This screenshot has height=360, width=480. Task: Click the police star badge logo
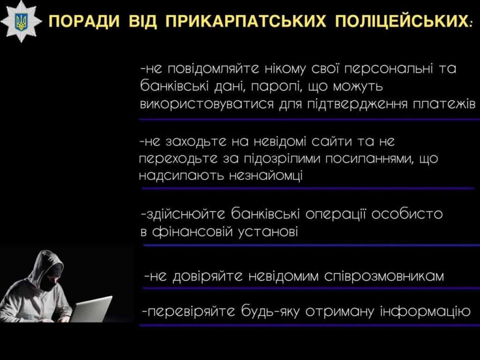21,21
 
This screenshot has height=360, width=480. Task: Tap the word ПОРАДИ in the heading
84,22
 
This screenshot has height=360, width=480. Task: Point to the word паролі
276,87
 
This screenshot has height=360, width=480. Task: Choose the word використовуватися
207,105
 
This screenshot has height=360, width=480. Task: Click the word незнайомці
266,176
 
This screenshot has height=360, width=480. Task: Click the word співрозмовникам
384,277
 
